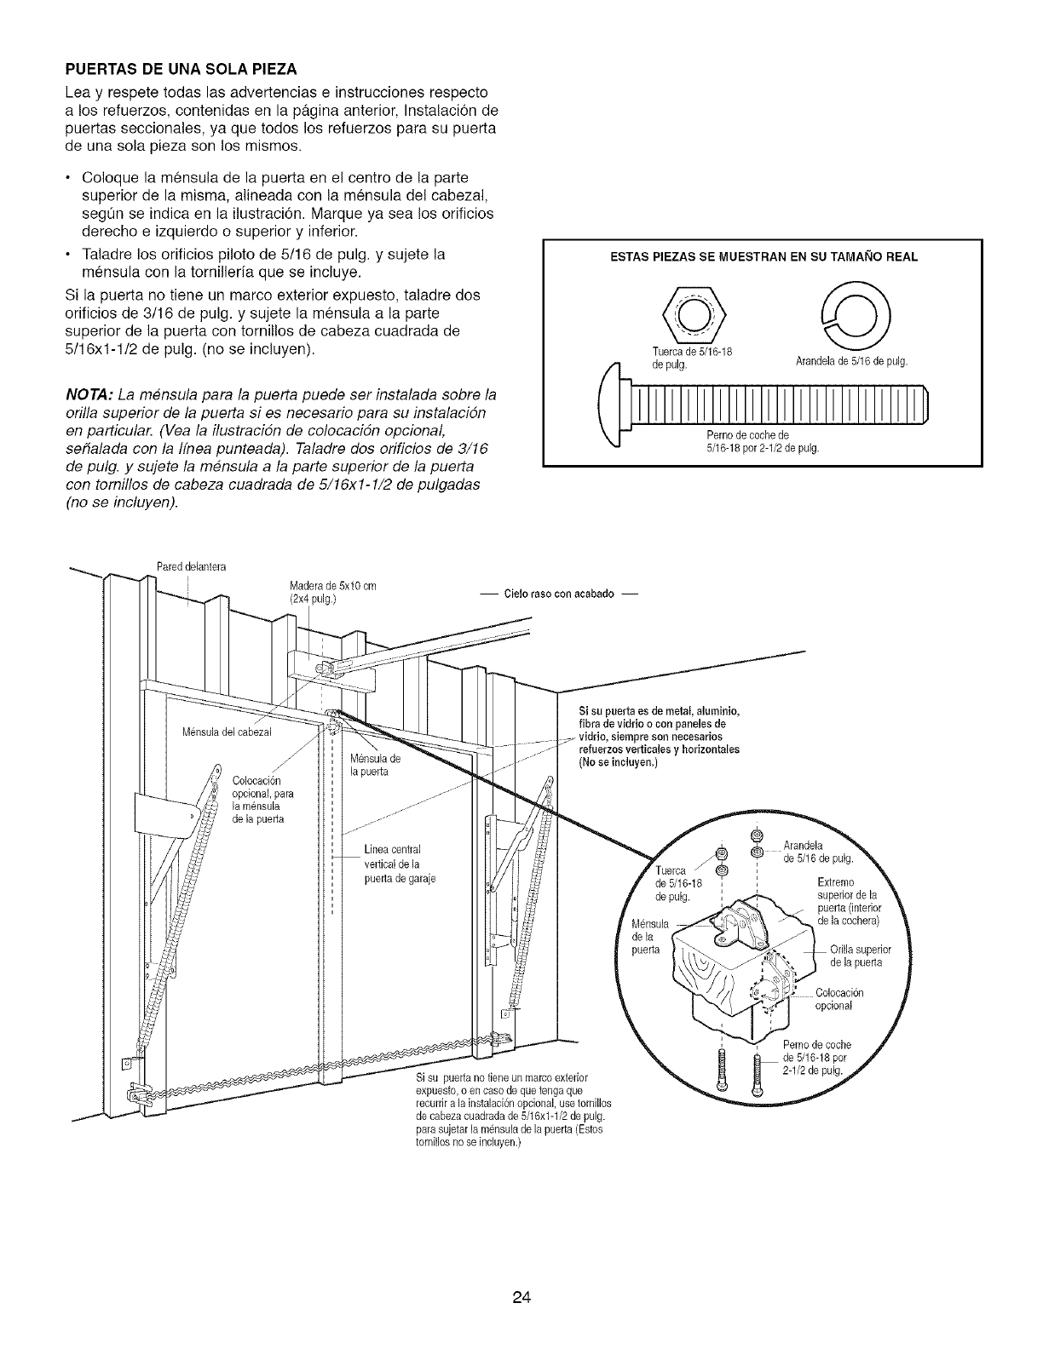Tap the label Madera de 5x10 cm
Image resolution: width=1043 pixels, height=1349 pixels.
coord(333,591)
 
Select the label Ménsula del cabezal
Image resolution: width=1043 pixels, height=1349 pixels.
coord(227,734)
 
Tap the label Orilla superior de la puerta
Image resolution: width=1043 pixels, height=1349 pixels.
coord(859,956)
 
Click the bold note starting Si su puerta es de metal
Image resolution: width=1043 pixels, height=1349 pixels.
coord(659,737)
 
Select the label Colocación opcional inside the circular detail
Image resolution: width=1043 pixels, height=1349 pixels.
coord(839,999)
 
